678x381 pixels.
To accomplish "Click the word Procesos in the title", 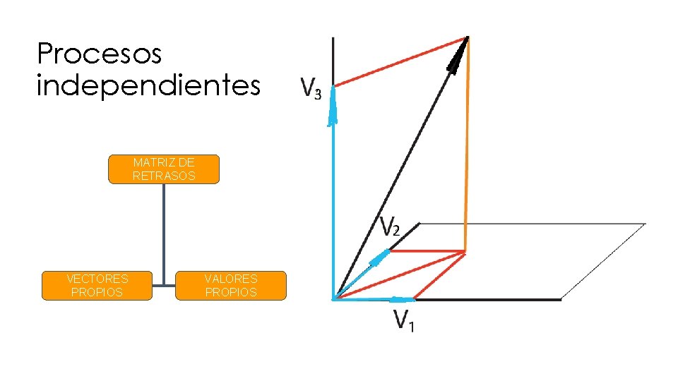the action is point(99,54).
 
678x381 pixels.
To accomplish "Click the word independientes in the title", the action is point(148,86).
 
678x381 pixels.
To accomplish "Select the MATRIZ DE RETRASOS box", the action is point(164,169).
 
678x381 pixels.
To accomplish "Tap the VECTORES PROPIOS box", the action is point(97,286).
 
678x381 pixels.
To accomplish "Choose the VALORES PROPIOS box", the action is point(231,286).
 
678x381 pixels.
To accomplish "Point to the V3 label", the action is point(310,88).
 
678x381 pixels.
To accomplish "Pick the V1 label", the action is point(404,321).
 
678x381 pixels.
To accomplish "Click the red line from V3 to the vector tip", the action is point(399,62).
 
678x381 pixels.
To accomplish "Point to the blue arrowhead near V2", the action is point(381,257).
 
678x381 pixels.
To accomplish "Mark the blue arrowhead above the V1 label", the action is point(403,299).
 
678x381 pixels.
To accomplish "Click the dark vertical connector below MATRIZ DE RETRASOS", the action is point(164,233).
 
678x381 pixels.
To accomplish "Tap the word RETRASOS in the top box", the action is point(164,176).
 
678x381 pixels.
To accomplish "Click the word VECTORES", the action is point(97,279).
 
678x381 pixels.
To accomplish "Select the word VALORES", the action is point(231,279).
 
